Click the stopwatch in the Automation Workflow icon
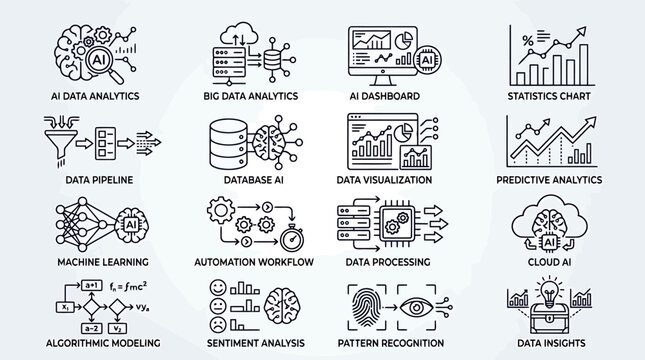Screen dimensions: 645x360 tap(291, 240)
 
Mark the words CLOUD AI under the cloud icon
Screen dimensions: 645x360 tap(549, 261)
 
